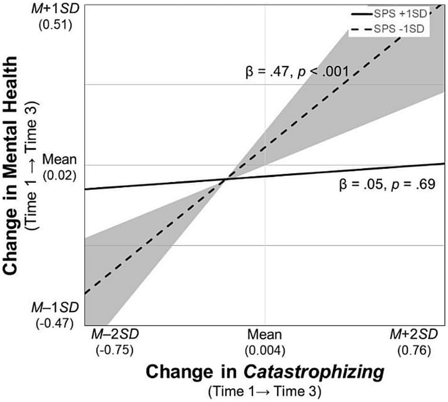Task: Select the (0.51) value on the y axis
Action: click(58, 25)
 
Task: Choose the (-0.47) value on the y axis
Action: click(58, 322)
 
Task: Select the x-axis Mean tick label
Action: click(264, 335)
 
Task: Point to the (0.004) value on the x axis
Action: click(264, 349)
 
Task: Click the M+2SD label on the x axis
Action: click(415, 335)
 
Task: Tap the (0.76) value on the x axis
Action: click(415, 349)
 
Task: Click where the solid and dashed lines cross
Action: click(226, 180)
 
